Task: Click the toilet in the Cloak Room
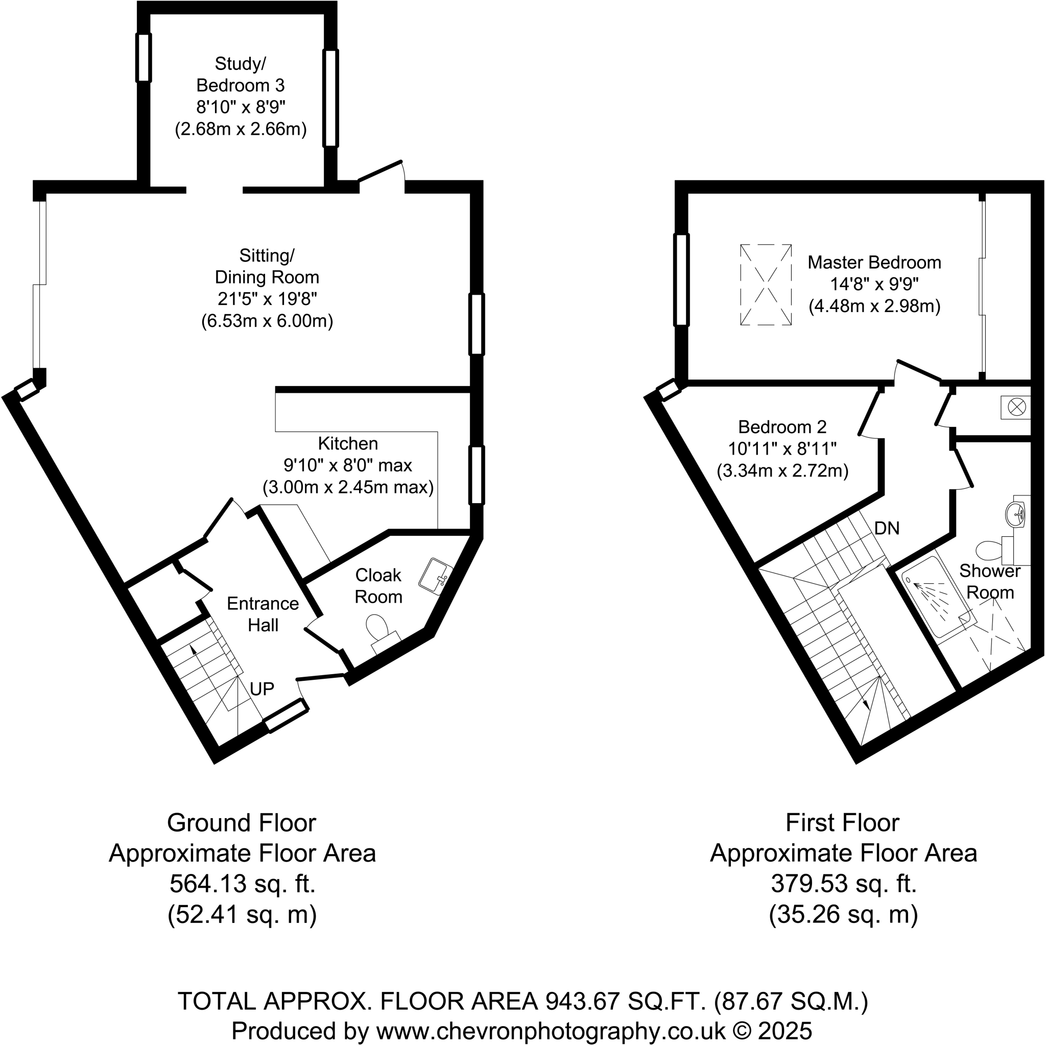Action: (x=377, y=628)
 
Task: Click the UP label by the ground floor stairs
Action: (x=262, y=688)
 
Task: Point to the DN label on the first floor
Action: (x=887, y=528)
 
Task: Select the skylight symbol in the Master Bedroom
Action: (x=766, y=285)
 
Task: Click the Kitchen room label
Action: (x=348, y=443)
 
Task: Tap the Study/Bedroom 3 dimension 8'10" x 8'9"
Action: (x=241, y=107)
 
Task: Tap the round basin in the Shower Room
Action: (x=1015, y=512)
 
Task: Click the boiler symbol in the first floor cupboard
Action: (x=1016, y=407)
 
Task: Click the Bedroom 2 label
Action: (x=782, y=426)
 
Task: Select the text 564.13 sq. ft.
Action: (x=242, y=884)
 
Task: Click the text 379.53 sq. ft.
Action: (x=844, y=884)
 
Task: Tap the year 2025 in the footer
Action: (x=784, y=1030)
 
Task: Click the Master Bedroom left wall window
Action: (x=681, y=280)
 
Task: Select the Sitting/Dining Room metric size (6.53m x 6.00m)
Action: (x=267, y=321)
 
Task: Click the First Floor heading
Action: (x=842, y=822)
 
